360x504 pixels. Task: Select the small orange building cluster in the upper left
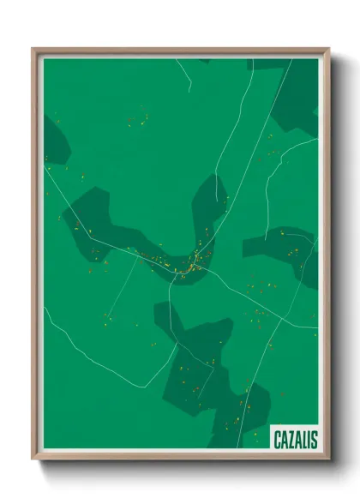(x=137, y=118)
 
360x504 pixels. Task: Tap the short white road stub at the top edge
(x=183, y=72)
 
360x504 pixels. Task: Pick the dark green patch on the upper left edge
(x=56, y=141)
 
